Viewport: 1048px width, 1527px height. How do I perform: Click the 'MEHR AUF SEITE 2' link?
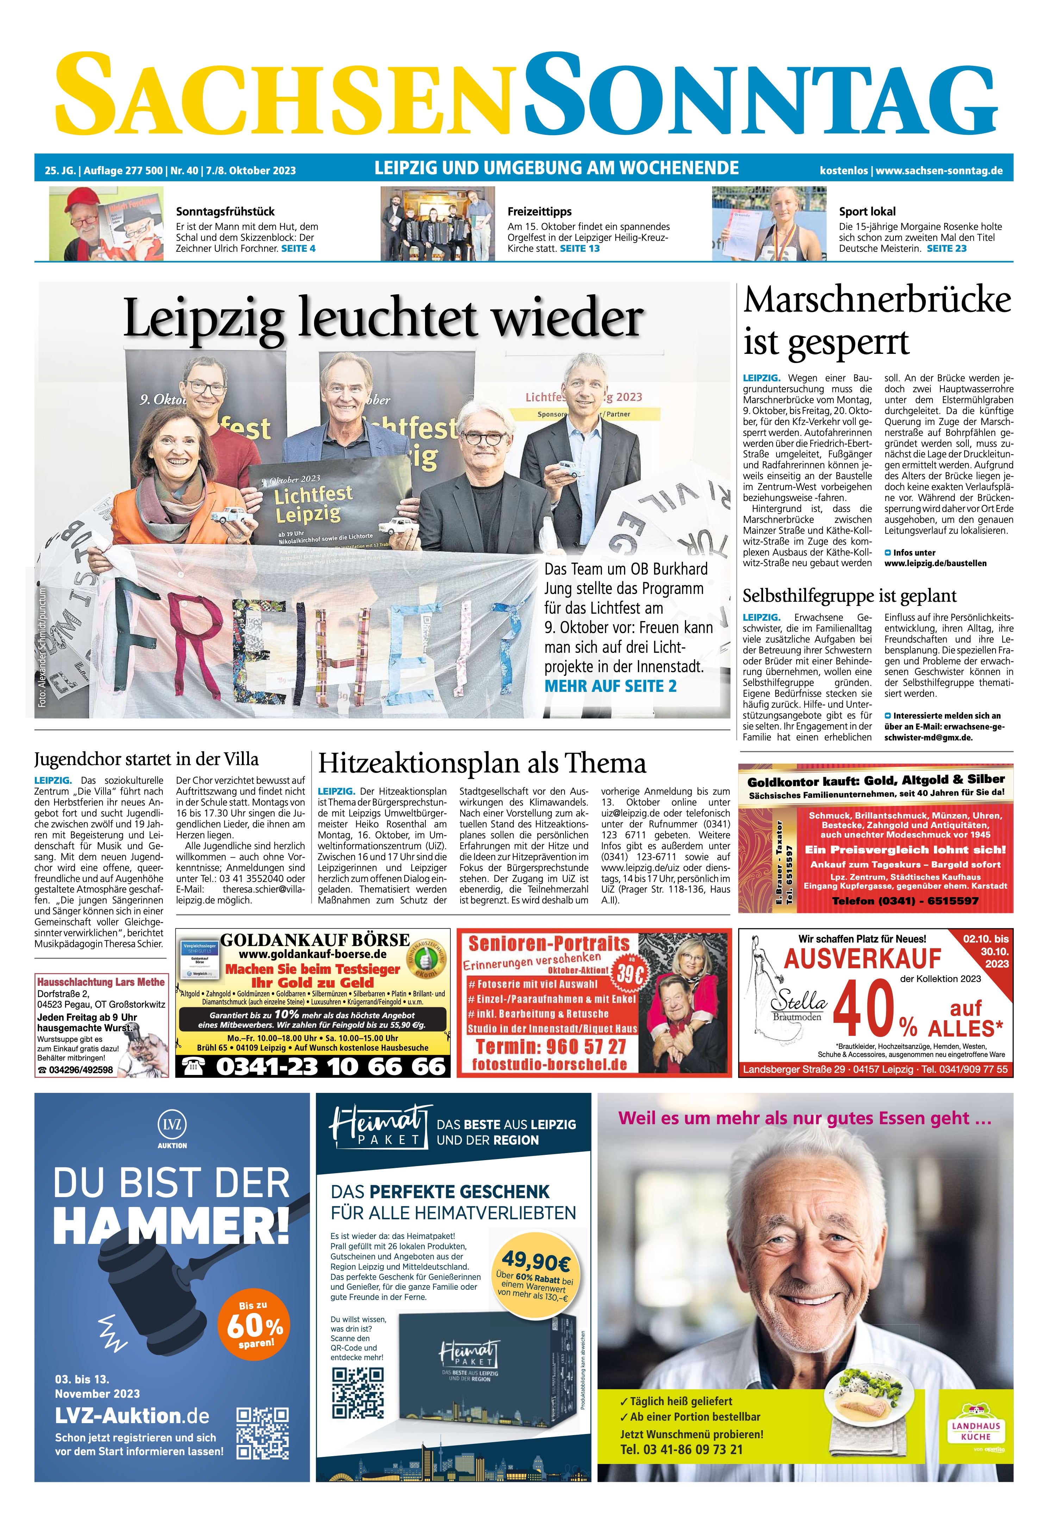coord(610,687)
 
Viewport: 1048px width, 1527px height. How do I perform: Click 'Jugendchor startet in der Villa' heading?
coord(146,759)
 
